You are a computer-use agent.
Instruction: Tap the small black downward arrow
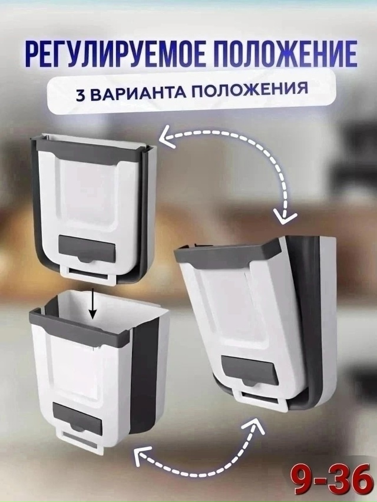point(93,304)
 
